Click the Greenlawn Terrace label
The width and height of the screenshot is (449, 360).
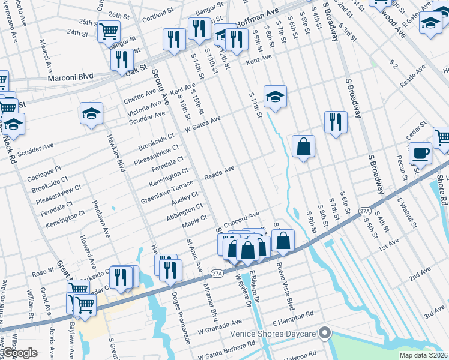pos(167,191)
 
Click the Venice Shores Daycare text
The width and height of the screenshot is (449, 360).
pos(275,333)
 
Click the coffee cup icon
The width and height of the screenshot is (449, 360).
pos(421,152)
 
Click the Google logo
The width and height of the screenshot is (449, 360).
pos(20,353)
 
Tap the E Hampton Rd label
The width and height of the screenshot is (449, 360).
pos(292,314)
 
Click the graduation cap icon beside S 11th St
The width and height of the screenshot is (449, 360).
pos(274,96)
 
